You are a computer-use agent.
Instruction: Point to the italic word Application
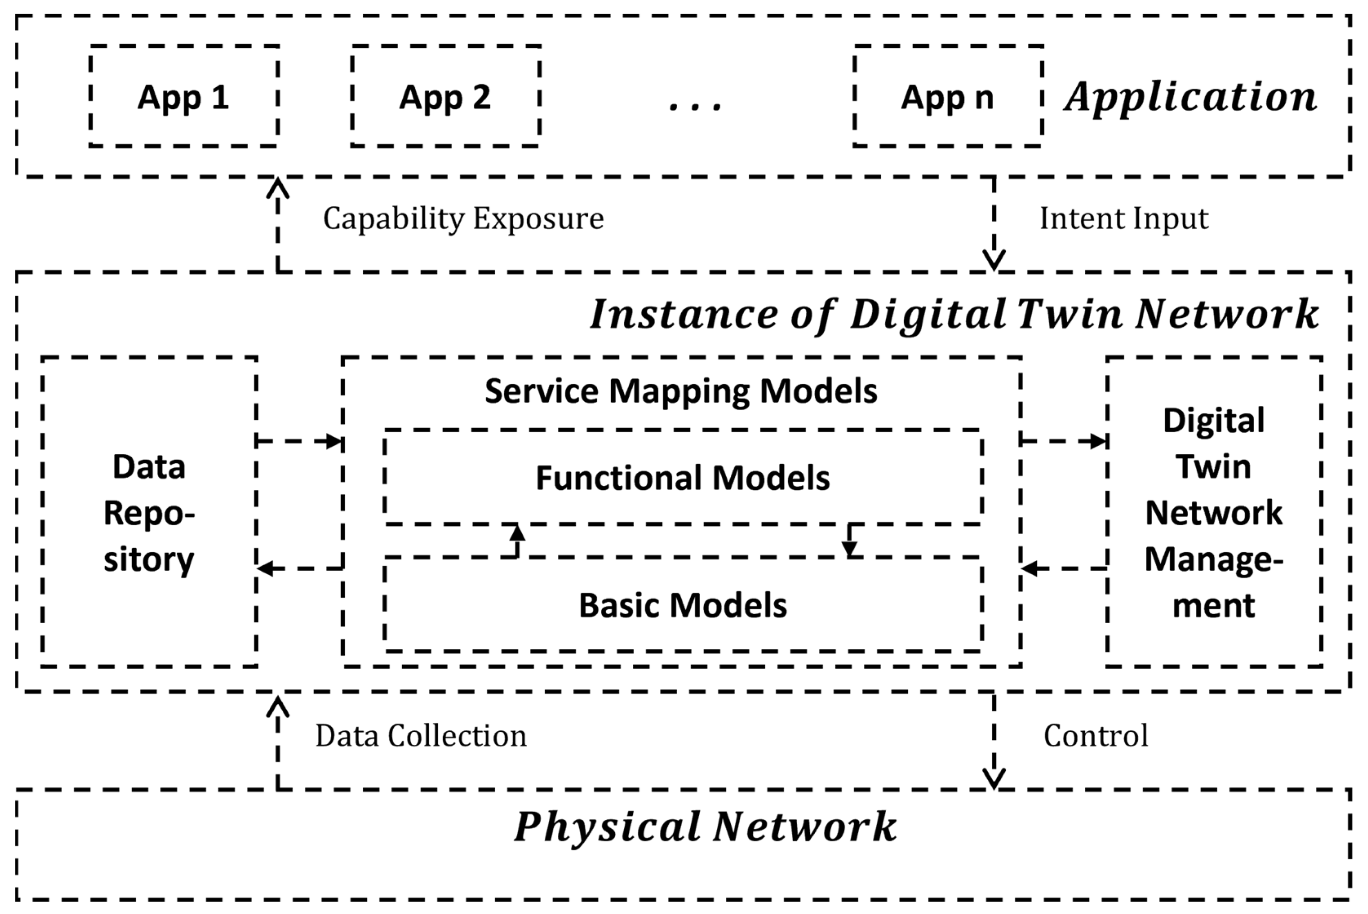point(1191,97)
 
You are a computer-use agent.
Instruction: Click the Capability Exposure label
point(463,219)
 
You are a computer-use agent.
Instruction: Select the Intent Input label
point(1124,219)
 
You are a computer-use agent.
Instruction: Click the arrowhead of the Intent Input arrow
point(993,260)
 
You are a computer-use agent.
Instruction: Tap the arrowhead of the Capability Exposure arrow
point(277,188)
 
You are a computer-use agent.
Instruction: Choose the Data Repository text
point(149,513)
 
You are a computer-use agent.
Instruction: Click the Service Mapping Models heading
point(681,391)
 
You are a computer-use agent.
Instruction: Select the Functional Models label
point(682,478)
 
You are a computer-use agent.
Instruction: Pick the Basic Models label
point(682,605)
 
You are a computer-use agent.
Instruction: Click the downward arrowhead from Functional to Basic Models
point(849,549)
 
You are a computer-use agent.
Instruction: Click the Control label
point(1095,736)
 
